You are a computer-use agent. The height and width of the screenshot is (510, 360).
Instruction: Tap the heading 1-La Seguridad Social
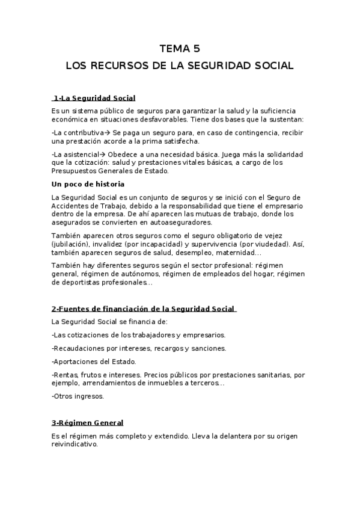tap(94, 98)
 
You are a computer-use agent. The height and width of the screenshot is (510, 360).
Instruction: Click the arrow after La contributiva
tap(107, 132)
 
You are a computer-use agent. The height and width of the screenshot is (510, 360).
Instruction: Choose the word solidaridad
tap(281, 154)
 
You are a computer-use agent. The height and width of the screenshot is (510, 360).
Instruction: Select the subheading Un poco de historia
tap(88, 184)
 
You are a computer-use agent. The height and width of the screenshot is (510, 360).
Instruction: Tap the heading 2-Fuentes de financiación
tap(144, 309)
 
